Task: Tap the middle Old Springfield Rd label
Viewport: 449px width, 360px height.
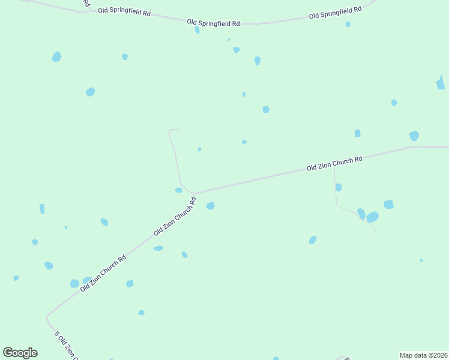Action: coord(213,23)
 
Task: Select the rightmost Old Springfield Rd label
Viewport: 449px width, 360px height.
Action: coord(335,12)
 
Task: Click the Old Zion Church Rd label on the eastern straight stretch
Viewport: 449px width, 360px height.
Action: coord(334,163)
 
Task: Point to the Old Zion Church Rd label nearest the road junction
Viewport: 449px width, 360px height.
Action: coord(175,217)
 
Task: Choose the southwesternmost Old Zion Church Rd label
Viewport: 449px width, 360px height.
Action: coord(103,274)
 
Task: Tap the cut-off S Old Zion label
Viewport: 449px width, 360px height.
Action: coord(66,346)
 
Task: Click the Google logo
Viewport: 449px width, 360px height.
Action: coord(20,353)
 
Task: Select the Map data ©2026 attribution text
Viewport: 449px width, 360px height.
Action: coord(423,355)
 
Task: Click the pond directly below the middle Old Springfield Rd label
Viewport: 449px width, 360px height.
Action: coord(197,29)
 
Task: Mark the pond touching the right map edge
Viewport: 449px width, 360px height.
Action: coord(441,83)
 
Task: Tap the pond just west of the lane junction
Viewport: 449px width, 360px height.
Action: coord(178,190)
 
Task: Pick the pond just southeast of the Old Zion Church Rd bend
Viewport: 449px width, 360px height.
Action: coord(210,206)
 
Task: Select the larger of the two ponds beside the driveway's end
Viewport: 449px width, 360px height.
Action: coord(373,217)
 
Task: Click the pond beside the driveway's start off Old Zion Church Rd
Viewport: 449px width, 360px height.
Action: coord(339,187)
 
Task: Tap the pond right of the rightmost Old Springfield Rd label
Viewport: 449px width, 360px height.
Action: coord(348,25)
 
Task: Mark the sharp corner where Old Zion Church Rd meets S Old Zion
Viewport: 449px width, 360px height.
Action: coord(47,316)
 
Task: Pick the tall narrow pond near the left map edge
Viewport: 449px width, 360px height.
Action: coord(42,209)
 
